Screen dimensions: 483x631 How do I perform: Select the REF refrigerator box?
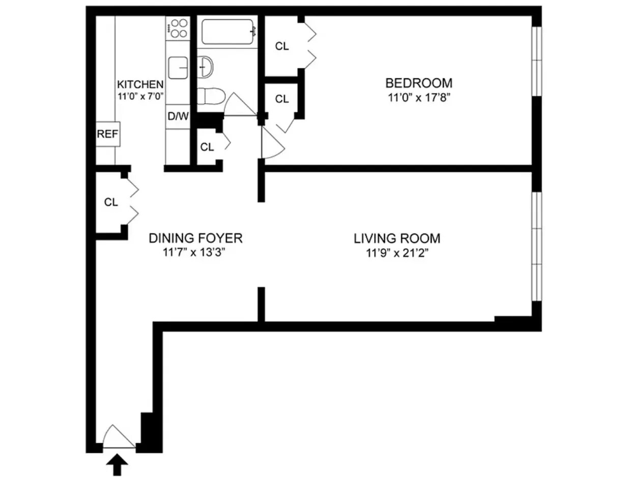108,134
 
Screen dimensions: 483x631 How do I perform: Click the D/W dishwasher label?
178,116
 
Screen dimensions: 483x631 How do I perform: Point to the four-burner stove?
178,28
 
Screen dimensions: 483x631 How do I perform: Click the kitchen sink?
178,68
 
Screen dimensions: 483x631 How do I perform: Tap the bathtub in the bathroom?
227,32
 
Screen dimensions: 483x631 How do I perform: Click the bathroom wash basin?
206,67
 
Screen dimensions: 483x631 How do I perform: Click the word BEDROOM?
418,82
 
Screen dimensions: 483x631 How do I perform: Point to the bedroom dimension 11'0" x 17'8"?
418,98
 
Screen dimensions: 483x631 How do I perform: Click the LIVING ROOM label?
397,238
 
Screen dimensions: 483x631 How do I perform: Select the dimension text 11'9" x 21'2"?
397,253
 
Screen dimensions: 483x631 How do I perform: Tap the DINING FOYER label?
195,238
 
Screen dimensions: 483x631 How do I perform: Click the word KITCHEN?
140,85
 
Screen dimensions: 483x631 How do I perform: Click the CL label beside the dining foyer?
111,202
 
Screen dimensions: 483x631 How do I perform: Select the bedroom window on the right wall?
537,61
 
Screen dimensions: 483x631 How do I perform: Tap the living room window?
537,247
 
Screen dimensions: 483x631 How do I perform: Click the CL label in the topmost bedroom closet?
282,46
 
